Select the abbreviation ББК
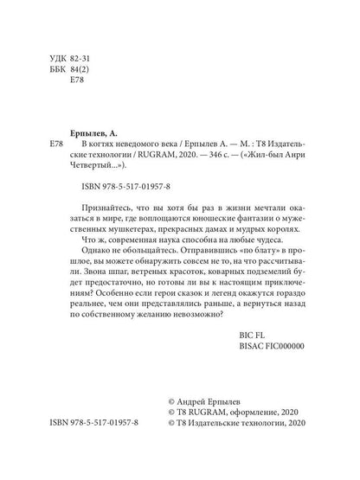pyautogui.click(x=60, y=76)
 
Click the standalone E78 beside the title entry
pyautogui.click(x=58, y=140)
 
